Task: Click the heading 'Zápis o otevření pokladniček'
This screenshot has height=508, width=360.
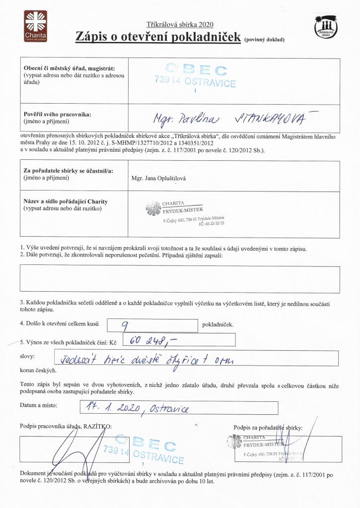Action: pos(157,36)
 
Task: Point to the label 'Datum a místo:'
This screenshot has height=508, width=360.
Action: pos(38,405)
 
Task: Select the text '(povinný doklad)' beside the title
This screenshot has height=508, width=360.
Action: pos(264,40)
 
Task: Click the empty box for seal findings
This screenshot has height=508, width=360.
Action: pos(179,279)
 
